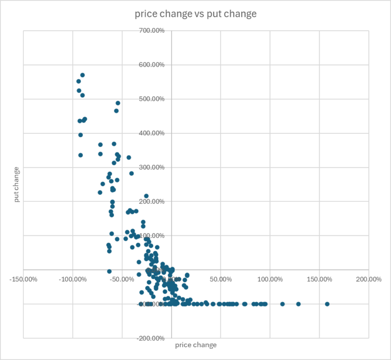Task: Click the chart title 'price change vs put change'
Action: [195, 14]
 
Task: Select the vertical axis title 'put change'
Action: [16, 185]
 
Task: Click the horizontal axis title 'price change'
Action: [195, 345]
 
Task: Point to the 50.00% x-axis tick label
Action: [220, 279]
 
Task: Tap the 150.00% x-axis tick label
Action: [319, 279]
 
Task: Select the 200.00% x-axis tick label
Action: [369, 279]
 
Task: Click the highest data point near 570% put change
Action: [82, 75]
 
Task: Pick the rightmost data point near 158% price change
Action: [327, 304]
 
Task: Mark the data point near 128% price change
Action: [298, 304]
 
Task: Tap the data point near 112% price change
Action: [282, 304]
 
